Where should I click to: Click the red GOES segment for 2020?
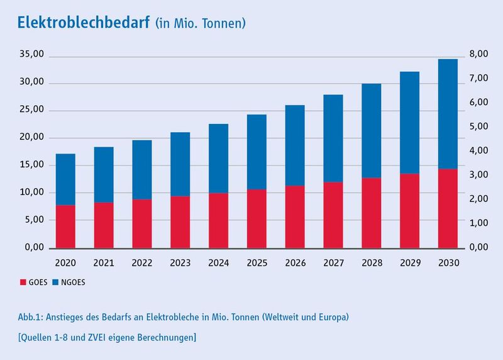click(x=65, y=226)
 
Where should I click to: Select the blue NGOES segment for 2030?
click(x=447, y=114)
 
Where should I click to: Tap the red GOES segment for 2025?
click(x=256, y=218)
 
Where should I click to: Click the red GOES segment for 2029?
click(x=409, y=210)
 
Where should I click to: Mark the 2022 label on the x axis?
click(x=141, y=261)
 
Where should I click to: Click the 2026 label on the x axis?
click(x=294, y=261)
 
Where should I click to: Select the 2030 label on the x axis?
click(x=447, y=261)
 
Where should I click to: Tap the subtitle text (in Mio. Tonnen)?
click(x=200, y=24)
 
